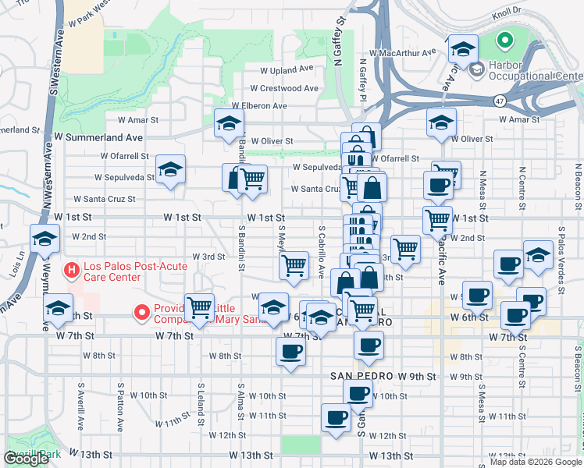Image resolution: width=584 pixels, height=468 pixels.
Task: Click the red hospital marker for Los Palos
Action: (71, 271)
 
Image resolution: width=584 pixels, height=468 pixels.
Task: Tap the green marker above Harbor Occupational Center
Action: (504, 39)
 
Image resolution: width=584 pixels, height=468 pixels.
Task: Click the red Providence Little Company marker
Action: (142, 313)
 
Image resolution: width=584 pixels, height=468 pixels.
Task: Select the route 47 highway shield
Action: (498, 101)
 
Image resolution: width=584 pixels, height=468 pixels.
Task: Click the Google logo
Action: (26, 459)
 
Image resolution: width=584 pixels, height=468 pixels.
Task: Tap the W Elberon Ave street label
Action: (259, 106)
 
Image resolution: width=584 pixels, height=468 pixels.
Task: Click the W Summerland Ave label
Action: (90, 136)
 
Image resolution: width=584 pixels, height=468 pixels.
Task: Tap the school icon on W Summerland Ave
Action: (230, 123)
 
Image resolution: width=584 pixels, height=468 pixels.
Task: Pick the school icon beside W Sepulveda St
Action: (170, 169)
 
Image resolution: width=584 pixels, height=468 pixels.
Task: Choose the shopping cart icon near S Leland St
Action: (200, 307)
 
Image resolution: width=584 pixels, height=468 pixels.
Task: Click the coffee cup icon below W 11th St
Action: (337, 418)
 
